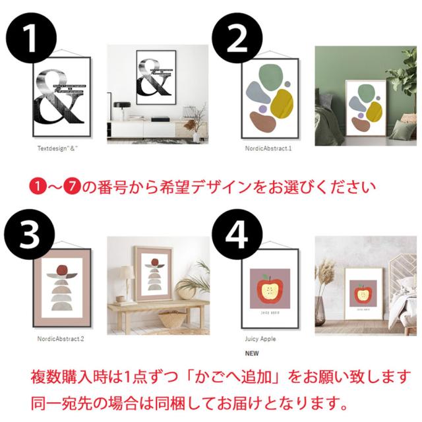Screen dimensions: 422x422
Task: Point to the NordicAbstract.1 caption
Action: [268, 149]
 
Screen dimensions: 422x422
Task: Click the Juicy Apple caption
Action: [260, 339]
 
